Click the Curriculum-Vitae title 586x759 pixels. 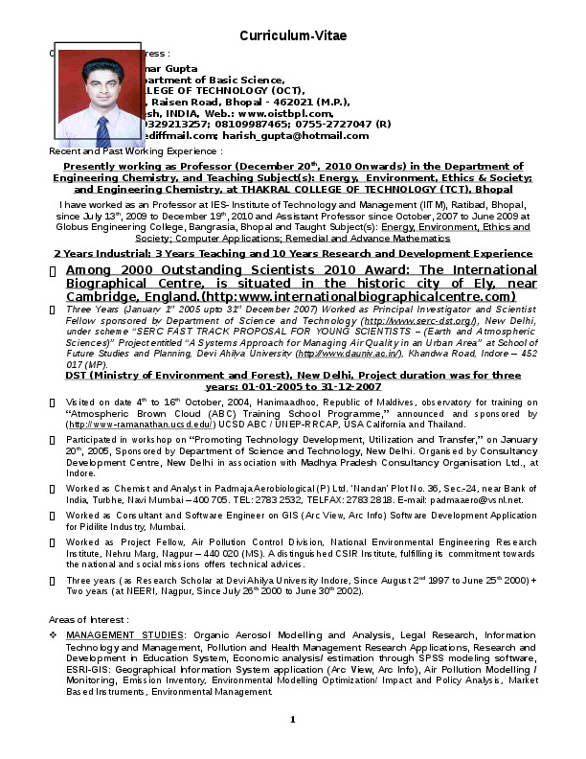click(x=293, y=35)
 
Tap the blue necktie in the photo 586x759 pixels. click(x=101, y=131)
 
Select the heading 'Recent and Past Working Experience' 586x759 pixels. click(x=135, y=151)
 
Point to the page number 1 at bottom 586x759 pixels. click(x=293, y=720)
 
